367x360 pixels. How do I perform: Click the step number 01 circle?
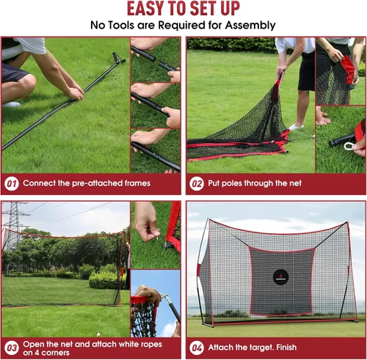pyautogui.click(x=12, y=184)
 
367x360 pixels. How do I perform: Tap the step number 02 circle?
pyautogui.click(x=197, y=184)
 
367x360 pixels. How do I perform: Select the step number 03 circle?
pyautogui.click(x=12, y=348)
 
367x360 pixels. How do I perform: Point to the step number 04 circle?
pyautogui.click(x=197, y=348)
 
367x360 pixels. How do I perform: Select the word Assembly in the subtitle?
pyautogui.click(x=250, y=26)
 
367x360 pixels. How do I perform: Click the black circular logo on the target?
pyautogui.click(x=280, y=277)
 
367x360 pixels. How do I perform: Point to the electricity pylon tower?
pyautogui.click(x=13, y=225)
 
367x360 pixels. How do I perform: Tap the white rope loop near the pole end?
pyautogui.click(x=349, y=146)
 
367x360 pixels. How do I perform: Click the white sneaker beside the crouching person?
pyautogui.click(x=12, y=105)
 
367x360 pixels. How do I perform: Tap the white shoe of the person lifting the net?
pyautogui.click(x=296, y=127)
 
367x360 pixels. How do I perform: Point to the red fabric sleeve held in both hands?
pyautogui.click(x=347, y=68)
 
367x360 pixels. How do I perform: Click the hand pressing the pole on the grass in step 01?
pyautogui.click(x=76, y=94)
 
